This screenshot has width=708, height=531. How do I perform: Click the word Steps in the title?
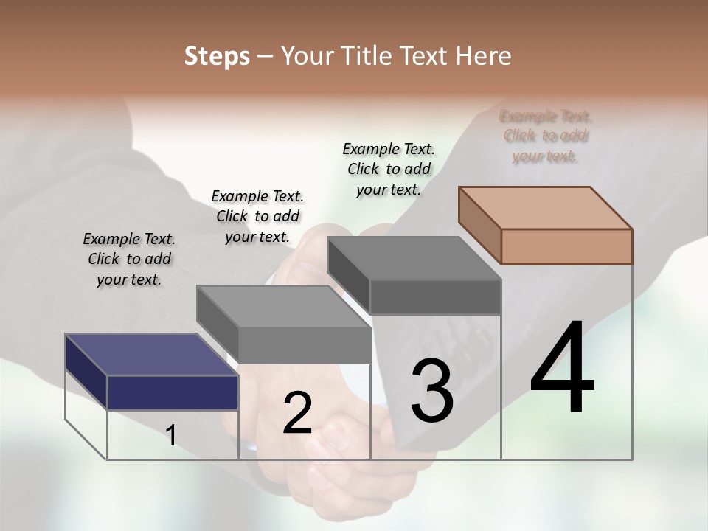coord(216,56)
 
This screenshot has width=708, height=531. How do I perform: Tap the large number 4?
coord(562,369)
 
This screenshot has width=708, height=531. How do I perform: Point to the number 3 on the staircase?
coord(432,391)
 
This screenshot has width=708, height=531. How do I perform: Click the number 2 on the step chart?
coord(297,413)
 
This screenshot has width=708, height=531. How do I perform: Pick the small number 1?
coord(171,436)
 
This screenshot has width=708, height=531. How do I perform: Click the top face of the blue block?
coord(151,355)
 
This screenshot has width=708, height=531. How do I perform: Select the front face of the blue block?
coord(173,392)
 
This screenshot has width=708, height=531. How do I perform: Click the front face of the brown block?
coord(566,246)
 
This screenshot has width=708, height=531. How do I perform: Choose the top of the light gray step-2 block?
coord(283,306)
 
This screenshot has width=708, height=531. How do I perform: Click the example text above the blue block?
coord(129,259)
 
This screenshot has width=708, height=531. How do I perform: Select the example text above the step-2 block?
coord(257,216)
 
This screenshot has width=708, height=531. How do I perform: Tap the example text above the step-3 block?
coord(389,169)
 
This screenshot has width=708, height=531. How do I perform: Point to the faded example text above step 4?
coord(546,136)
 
